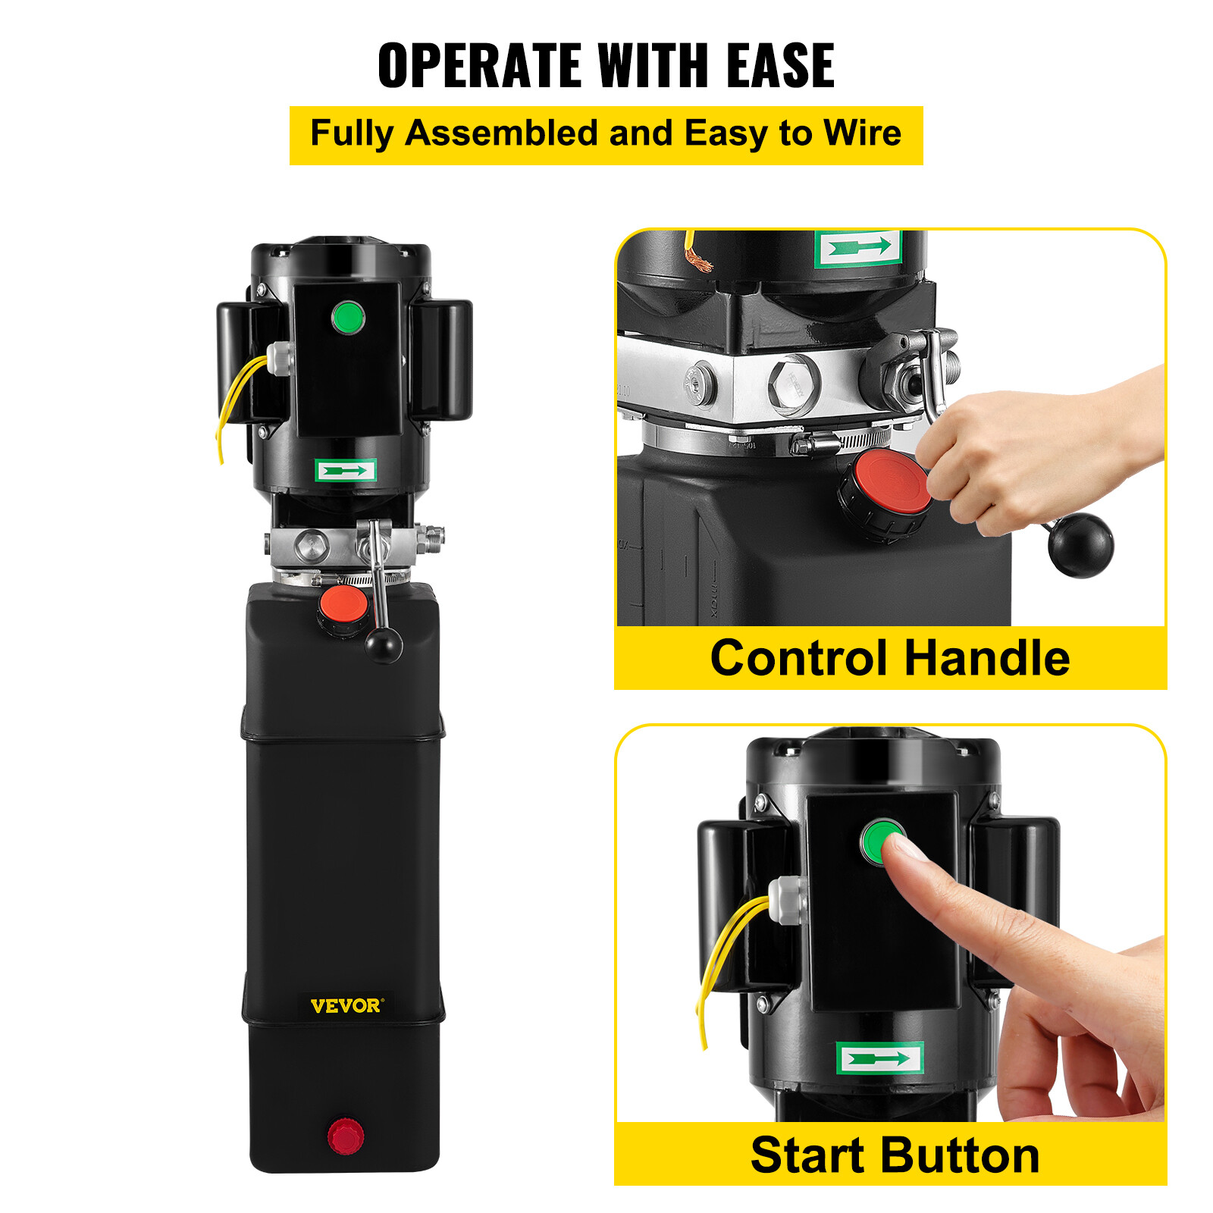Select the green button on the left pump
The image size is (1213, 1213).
click(348, 318)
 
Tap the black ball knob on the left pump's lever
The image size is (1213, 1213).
click(384, 645)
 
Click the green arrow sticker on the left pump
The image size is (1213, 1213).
click(346, 471)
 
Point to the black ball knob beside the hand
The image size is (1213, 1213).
click(1080, 545)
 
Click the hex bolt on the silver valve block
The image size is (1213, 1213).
click(794, 385)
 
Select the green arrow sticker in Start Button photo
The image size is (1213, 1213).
click(879, 1058)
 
